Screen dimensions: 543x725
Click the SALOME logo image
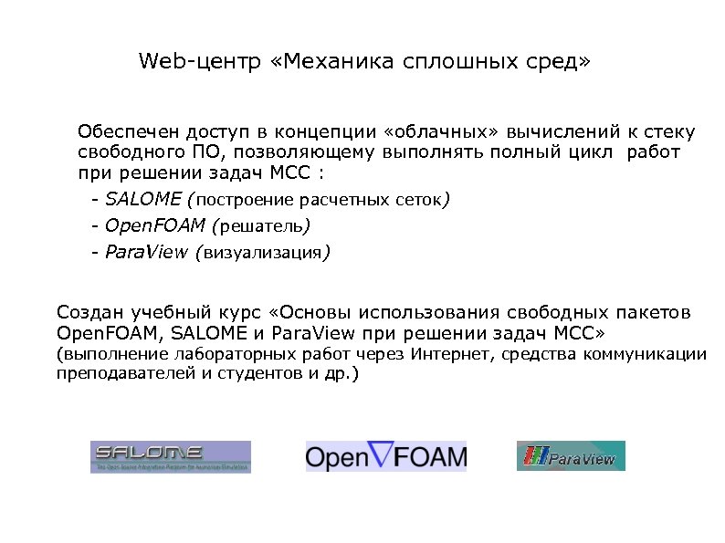[x=170, y=456]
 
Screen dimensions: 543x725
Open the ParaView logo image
[x=571, y=456]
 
